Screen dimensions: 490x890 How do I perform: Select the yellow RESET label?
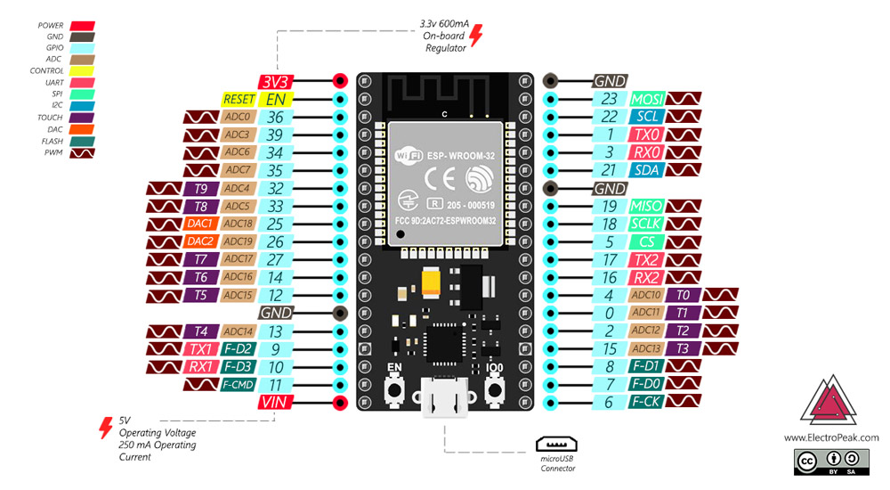(239, 100)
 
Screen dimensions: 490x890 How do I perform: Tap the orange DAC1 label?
(200, 224)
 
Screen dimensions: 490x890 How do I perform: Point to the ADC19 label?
(239, 241)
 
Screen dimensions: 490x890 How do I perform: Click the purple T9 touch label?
(200, 188)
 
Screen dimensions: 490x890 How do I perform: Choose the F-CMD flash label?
(239, 385)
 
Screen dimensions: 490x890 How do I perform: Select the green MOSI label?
(646, 99)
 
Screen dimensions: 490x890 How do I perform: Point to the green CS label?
(646, 241)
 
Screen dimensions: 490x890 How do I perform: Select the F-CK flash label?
(646, 403)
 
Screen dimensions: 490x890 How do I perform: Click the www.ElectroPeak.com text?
(831, 437)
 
